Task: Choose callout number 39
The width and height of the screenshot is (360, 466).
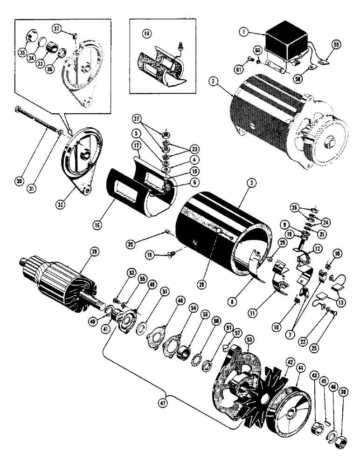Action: coord(94,252)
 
